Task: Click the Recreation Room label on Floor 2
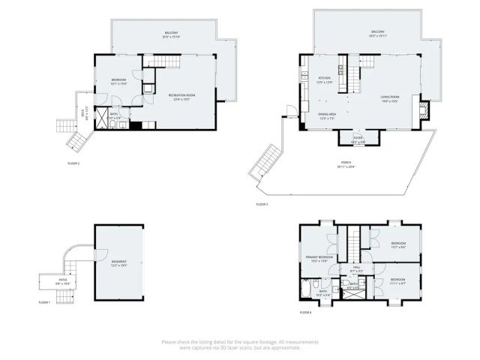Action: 181,96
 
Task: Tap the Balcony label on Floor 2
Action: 172,34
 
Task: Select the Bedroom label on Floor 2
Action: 119,80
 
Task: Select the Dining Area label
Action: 328,115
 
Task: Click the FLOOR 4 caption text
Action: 305,311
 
